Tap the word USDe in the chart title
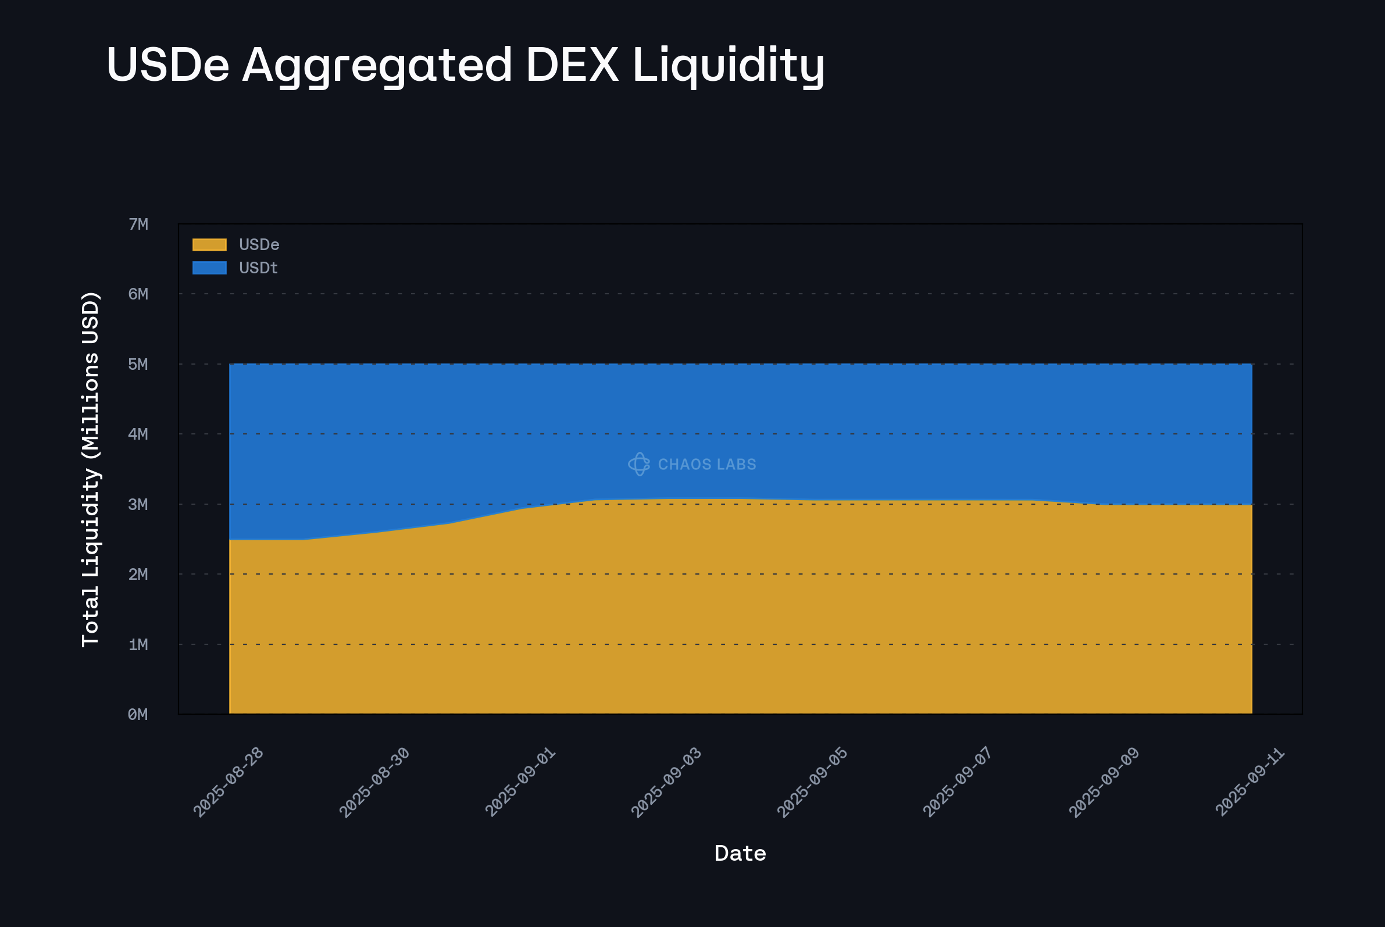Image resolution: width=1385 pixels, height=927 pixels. click(168, 65)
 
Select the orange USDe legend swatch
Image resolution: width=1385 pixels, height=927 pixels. click(209, 245)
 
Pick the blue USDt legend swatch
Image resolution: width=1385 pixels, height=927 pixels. click(209, 268)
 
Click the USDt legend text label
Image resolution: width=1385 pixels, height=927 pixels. click(258, 268)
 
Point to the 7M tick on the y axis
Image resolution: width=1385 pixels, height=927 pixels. click(138, 224)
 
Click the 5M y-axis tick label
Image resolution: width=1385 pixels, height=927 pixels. click(138, 364)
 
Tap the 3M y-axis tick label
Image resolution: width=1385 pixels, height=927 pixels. click(138, 504)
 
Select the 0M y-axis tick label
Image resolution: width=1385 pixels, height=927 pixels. click(138, 714)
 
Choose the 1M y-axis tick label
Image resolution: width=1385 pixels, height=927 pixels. click(138, 644)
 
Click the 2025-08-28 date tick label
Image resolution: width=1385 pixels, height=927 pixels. click(228, 782)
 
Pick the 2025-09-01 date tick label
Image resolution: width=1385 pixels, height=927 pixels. click(520, 782)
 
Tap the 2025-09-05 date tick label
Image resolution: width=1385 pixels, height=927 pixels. click(812, 782)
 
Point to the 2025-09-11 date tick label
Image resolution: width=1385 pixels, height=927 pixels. click(1250, 782)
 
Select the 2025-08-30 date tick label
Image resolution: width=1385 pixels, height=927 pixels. click(374, 782)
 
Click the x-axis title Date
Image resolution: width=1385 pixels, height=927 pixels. click(740, 854)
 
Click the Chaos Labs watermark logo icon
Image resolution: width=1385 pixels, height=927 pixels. click(639, 464)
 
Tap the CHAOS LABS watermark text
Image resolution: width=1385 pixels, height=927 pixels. click(707, 465)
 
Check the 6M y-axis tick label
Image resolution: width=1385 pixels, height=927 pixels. click(138, 294)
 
